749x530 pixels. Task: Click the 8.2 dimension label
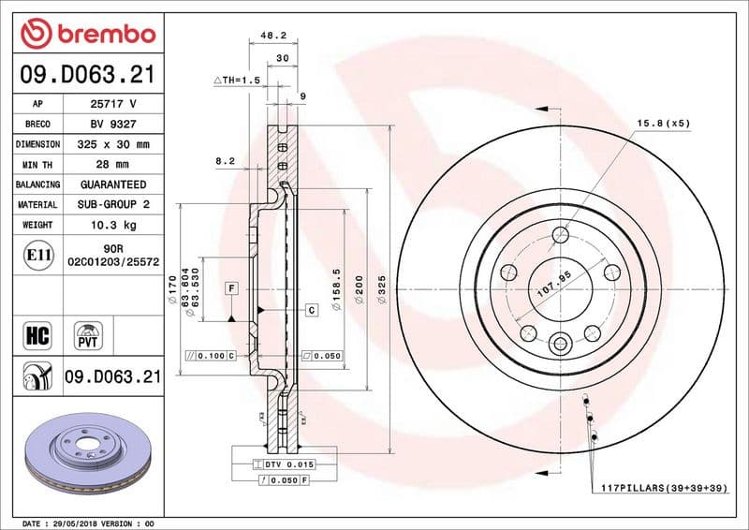[226, 161]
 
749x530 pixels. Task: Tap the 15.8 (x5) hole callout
[663, 123]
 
